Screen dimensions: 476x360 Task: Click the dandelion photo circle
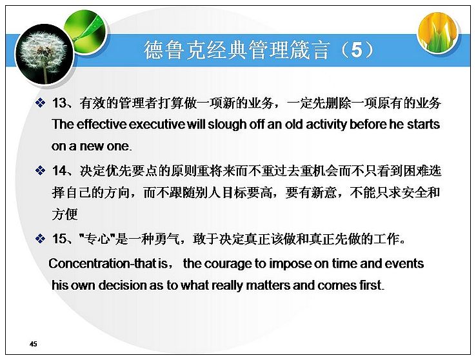(x=45, y=54)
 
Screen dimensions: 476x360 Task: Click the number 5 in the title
(x=357, y=50)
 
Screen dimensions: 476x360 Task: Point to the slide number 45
(x=34, y=344)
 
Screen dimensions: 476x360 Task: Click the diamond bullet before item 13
(x=41, y=103)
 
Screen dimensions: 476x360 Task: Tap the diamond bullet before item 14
(x=41, y=170)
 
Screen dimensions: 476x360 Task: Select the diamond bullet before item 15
(x=41, y=239)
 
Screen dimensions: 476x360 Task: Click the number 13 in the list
(x=59, y=103)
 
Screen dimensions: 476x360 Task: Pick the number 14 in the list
(x=59, y=170)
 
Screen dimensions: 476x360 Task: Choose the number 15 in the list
(x=59, y=239)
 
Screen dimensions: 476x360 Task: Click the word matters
(x=268, y=285)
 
